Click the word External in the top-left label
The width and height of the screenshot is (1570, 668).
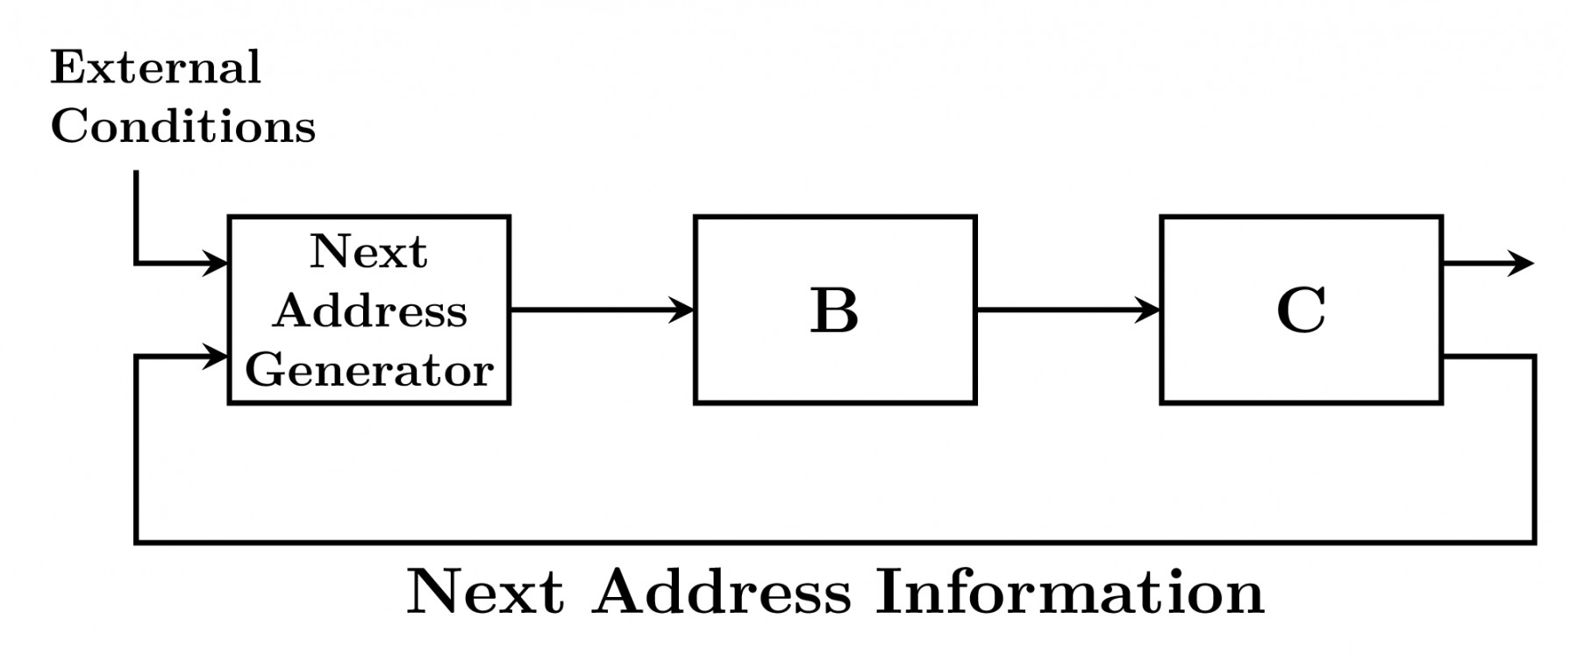pos(155,68)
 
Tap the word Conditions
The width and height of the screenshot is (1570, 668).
pos(182,126)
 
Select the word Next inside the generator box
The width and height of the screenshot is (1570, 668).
pos(368,252)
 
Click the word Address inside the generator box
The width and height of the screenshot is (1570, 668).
pos(369,310)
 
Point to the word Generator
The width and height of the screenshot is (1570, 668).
pos(369,370)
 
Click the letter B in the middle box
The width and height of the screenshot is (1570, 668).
pos(834,310)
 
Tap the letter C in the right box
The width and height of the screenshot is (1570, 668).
pos(1301,310)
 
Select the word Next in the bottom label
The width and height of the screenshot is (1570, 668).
pos(485,592)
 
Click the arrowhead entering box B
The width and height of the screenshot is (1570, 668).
pos(682,309)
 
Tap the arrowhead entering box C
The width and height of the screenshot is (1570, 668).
pos(1149,309)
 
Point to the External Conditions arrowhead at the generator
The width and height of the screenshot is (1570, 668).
pos(216,262)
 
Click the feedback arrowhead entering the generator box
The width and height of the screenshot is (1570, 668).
pos(216,356)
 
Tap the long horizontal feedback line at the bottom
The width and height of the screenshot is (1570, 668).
pos(833,543)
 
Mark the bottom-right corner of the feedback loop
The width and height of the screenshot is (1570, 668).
pos(1534,543)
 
